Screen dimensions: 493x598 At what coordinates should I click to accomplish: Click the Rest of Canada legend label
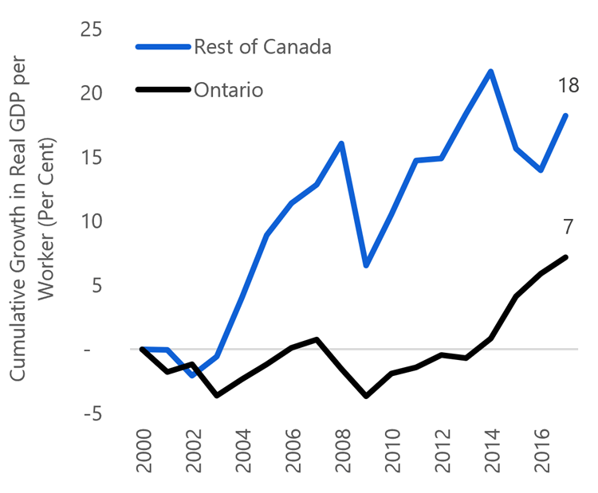[x=262, y=46]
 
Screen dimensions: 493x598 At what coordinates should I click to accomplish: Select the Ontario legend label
[x=228, y=89]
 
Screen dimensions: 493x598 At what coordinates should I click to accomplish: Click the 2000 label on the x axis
[x=143, y=455]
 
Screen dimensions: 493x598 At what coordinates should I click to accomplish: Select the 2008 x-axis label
[x=342, y=455]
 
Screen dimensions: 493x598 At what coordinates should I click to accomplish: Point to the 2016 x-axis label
[x=541, y=455]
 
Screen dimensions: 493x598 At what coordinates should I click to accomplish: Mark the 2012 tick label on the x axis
[x=442, y=455]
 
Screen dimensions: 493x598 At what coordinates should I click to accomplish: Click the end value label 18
[x=568, y=86]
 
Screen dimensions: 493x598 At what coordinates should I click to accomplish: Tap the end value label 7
[x=568, y=227]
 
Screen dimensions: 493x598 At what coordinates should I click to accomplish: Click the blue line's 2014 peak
[x=491, y=71]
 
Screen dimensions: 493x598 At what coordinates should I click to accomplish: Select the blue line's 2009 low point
[x=367, y=265]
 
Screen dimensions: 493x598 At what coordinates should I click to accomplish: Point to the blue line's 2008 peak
[x=342, y=143]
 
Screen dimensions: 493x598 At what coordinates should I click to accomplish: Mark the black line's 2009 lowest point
[x=367, y=396]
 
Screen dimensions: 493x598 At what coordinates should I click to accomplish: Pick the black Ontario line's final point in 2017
[x=566, y=256]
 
